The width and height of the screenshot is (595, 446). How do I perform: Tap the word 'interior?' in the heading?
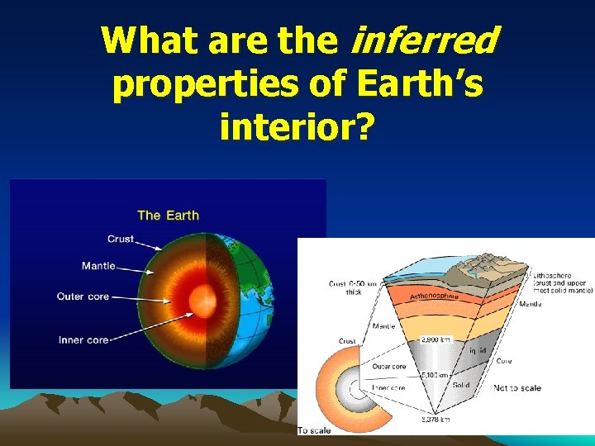(x=297, y=127)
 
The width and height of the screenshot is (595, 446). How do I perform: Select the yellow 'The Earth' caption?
(x=168, y=215)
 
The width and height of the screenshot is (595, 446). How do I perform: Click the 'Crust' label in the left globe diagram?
(x=120, y=240)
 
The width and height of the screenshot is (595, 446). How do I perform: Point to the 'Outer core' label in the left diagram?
(x=83, y=297)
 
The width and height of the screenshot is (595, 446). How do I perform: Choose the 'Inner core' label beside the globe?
(x=83, y=339)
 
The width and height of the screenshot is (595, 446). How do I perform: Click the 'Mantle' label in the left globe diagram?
(x=98, y=266)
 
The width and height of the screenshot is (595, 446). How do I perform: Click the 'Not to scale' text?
(x=517, y=387)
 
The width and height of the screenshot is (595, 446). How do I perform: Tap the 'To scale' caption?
(x=316, y=429)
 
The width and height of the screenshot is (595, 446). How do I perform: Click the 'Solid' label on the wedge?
(x=460, y=385)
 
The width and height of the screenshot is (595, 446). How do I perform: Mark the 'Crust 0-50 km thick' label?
(x=352, y=287)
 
